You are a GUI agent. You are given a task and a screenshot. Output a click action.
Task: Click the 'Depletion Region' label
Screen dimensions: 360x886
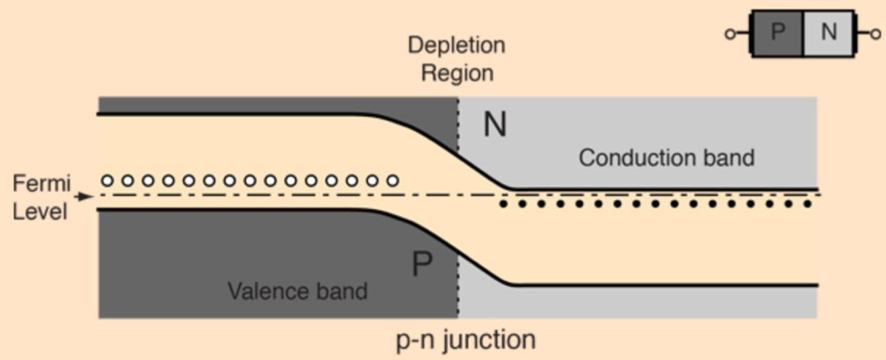[456, 58]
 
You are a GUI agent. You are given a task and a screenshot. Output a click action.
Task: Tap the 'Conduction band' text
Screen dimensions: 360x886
[666, 158]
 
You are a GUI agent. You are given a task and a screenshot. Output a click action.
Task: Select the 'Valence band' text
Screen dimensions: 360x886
[298, 291]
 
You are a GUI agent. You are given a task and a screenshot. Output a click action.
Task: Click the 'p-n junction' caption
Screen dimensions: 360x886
[465, 339]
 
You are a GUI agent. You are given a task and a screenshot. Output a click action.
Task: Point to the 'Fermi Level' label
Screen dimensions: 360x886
[41, 196]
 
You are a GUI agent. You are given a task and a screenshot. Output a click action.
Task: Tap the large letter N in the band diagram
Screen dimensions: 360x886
[495, 124]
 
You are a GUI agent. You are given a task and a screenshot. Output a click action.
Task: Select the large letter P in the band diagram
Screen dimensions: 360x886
[422, 265]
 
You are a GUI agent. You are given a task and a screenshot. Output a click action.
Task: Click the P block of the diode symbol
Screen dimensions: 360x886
[777, 33]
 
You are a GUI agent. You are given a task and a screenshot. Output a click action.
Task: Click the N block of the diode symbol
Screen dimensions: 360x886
[828, 33]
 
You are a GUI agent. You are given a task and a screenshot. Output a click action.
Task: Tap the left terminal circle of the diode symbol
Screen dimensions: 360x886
[731, 34]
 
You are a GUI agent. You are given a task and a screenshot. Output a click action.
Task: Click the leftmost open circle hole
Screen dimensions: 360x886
[108, 181]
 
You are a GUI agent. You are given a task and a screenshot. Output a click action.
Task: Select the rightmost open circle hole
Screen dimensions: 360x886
[393, 181]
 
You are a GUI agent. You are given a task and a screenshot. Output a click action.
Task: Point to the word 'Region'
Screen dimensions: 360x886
[457, 72]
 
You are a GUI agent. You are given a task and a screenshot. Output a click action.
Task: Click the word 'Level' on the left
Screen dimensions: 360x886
[40, 210]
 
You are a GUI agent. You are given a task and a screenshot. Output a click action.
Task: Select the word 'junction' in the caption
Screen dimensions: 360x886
[488, 339]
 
